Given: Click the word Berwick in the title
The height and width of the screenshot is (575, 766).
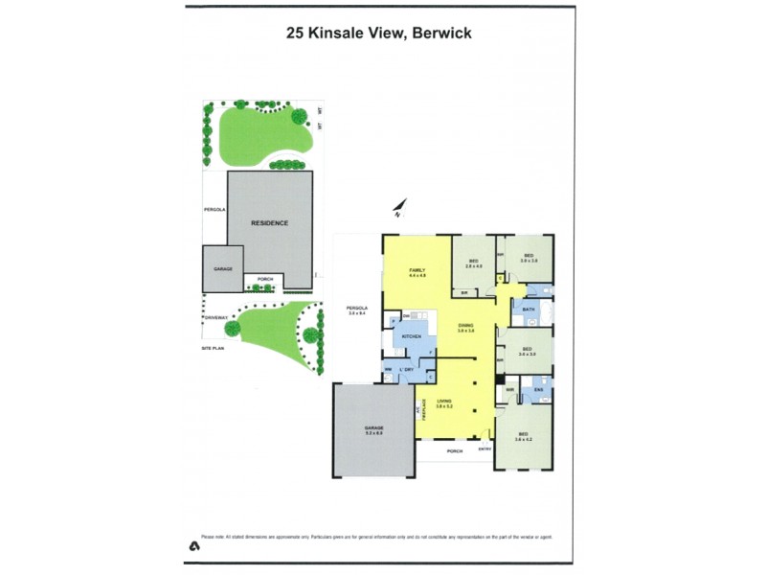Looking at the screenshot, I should [441, 33].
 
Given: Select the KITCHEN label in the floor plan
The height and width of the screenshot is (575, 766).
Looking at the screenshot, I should [413, 337].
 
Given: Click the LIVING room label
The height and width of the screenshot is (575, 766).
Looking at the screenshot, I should [444, 402].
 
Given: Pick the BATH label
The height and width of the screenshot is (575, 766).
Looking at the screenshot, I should [529, 310].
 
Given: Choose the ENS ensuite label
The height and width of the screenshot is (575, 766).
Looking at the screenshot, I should [538, 389].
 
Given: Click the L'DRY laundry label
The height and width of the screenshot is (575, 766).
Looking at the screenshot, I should [405, 369].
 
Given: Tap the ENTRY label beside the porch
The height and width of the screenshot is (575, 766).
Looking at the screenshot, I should [484, 449].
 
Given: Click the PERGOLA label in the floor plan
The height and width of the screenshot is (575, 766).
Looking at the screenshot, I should [357, 308].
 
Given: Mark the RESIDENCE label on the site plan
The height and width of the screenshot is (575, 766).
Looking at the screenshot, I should [269, 222].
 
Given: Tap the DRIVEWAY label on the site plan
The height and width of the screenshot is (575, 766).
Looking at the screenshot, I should [214, 316].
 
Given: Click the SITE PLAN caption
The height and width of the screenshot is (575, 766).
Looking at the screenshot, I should [212, 350].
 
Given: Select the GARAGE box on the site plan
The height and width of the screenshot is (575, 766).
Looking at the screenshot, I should [223, 269].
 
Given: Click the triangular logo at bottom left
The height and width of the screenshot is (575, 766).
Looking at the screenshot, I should [192, 545].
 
